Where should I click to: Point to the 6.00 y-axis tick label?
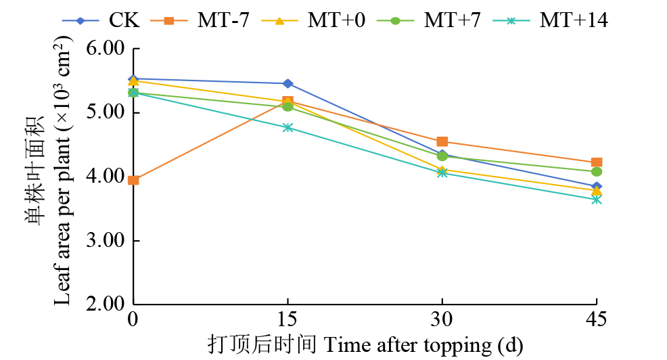point(106,49)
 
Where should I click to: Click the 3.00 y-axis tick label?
point(106,241)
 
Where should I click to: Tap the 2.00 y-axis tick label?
point(106,304)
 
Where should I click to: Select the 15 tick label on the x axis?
point(287,319)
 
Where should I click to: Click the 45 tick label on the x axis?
point(596,319)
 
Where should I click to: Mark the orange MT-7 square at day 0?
point(133,180)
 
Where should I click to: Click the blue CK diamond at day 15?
point(287,83)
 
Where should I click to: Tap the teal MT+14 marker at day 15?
point(287,127)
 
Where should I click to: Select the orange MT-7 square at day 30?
point(442,141)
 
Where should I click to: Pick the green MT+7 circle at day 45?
point(596,172)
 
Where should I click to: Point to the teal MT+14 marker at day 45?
point(596,200)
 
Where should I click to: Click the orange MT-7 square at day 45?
point(596,162)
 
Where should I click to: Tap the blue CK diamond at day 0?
point(133,79)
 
